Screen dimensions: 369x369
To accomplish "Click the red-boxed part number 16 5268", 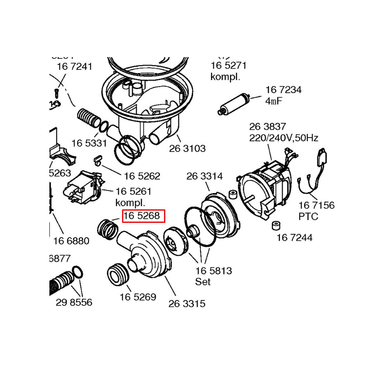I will [142, 216].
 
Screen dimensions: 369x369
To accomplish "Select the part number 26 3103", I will [187, 148].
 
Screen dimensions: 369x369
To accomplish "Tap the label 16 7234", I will [283, 90].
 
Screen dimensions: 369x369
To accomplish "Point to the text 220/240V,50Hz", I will [283, 138].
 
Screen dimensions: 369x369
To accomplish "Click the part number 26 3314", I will [204, 176].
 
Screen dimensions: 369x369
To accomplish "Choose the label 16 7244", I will [294, 238].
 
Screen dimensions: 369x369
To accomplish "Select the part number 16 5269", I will [138, 297].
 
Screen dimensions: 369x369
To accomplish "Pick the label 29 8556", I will [74, 303].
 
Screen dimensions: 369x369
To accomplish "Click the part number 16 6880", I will [71, 241].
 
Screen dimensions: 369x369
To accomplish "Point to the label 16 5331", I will [89, 143].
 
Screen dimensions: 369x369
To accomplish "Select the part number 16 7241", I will [74, 67].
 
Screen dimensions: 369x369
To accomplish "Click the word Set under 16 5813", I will [203, 282].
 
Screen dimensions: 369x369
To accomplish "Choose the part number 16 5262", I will [142, 176].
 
